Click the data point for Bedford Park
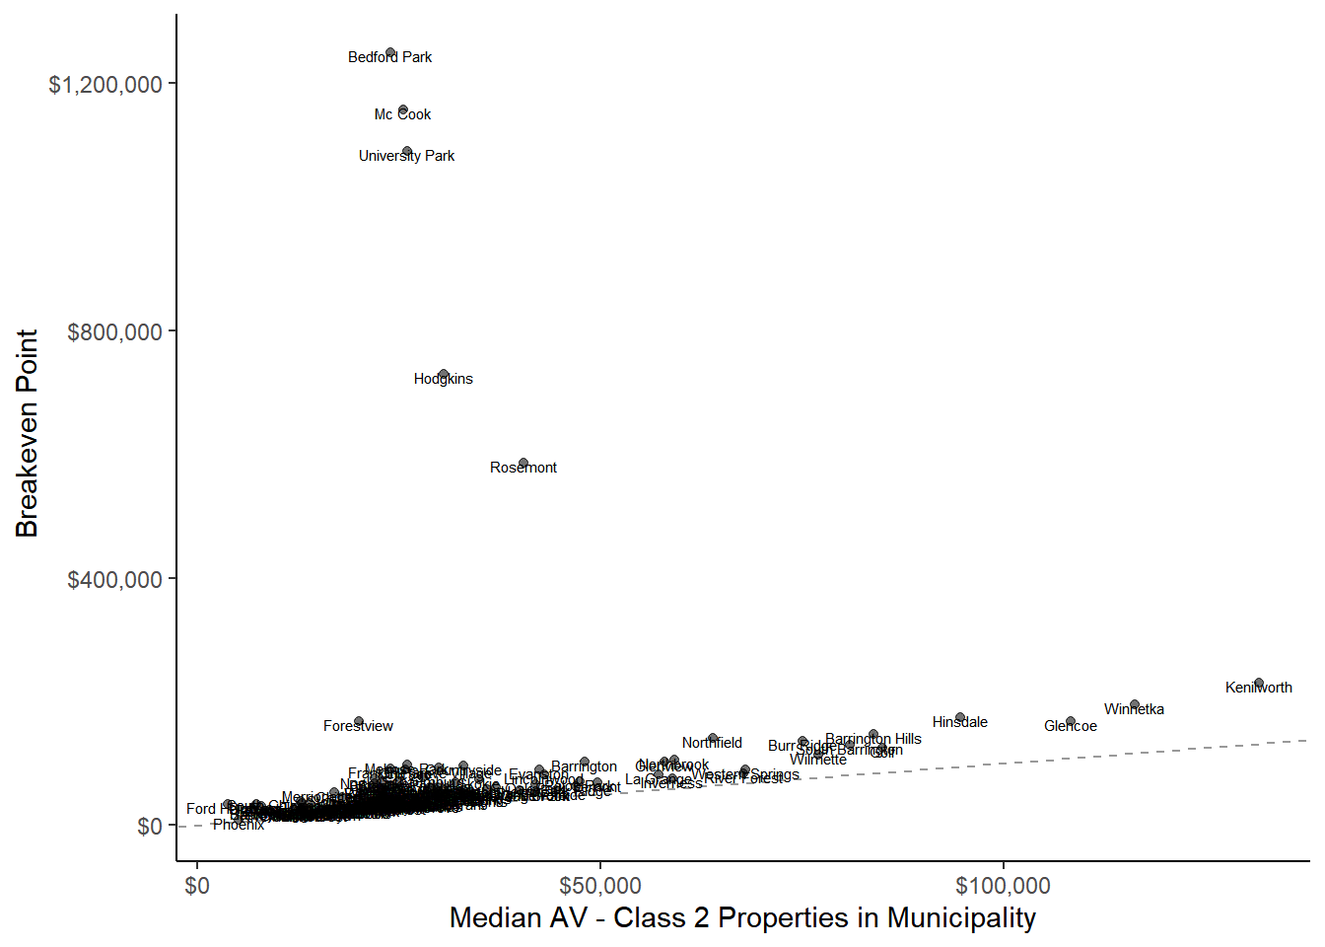pos(390,52)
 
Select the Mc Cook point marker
pos(403,109)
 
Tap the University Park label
pos(406,156)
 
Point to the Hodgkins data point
pos(444,375)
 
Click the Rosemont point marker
pos(523,463)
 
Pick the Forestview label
pos(358,726)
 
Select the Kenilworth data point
pos(1259,683)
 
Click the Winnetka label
pos(1134,709)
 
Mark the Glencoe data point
pos(1071,721)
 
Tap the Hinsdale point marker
pos(960,717)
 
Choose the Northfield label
pos(712,743)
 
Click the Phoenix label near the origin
pos(239,825)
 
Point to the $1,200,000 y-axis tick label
pos(105,85)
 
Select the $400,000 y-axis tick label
pos(114,580)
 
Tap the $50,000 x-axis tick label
pos(599,886)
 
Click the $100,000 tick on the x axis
pos(1003,886)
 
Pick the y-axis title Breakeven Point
pos(27,433)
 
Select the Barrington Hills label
pos(873,739)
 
